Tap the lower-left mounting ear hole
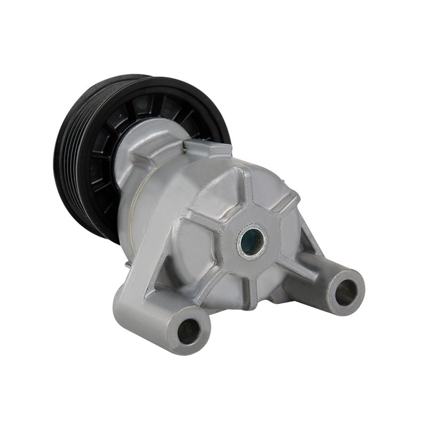pyautogui.click(x=189, y=330)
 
